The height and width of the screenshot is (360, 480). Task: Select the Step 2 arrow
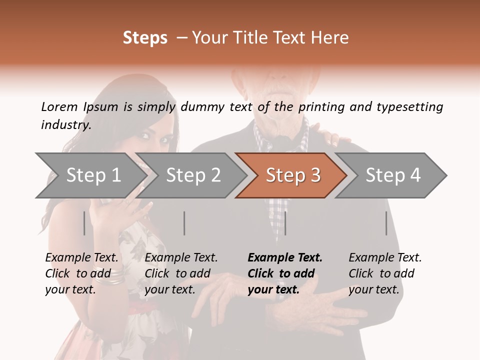(x=193, y=175)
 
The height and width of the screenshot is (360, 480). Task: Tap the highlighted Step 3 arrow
(x=293, y=175)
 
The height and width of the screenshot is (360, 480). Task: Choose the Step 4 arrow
(x=393, y=175)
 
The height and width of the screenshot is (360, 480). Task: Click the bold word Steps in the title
(x=145, y=37)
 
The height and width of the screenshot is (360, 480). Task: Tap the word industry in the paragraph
(x=65, y=125)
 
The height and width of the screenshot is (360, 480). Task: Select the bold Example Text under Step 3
(x=285, y=258)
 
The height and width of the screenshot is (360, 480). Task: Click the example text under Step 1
(x=82, y=273)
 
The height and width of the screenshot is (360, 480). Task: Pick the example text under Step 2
(x=181, y=273)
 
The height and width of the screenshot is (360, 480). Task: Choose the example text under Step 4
(x=385, y=273)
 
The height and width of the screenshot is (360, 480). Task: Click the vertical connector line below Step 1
(x=84, y=223)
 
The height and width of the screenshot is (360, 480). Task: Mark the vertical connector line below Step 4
(x=386, y=223)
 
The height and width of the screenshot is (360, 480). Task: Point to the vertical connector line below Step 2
(x=184, y=223)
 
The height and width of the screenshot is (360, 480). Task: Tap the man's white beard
(x=277, y=105)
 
